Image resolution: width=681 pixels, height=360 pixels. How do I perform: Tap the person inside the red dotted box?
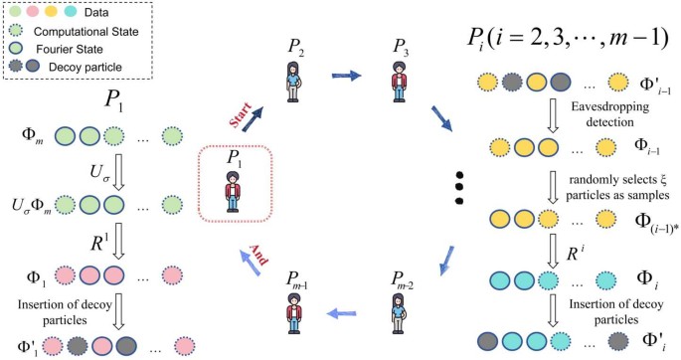234,189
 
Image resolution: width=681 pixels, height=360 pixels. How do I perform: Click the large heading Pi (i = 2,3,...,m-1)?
567,37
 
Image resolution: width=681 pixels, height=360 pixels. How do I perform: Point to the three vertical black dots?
459,186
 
